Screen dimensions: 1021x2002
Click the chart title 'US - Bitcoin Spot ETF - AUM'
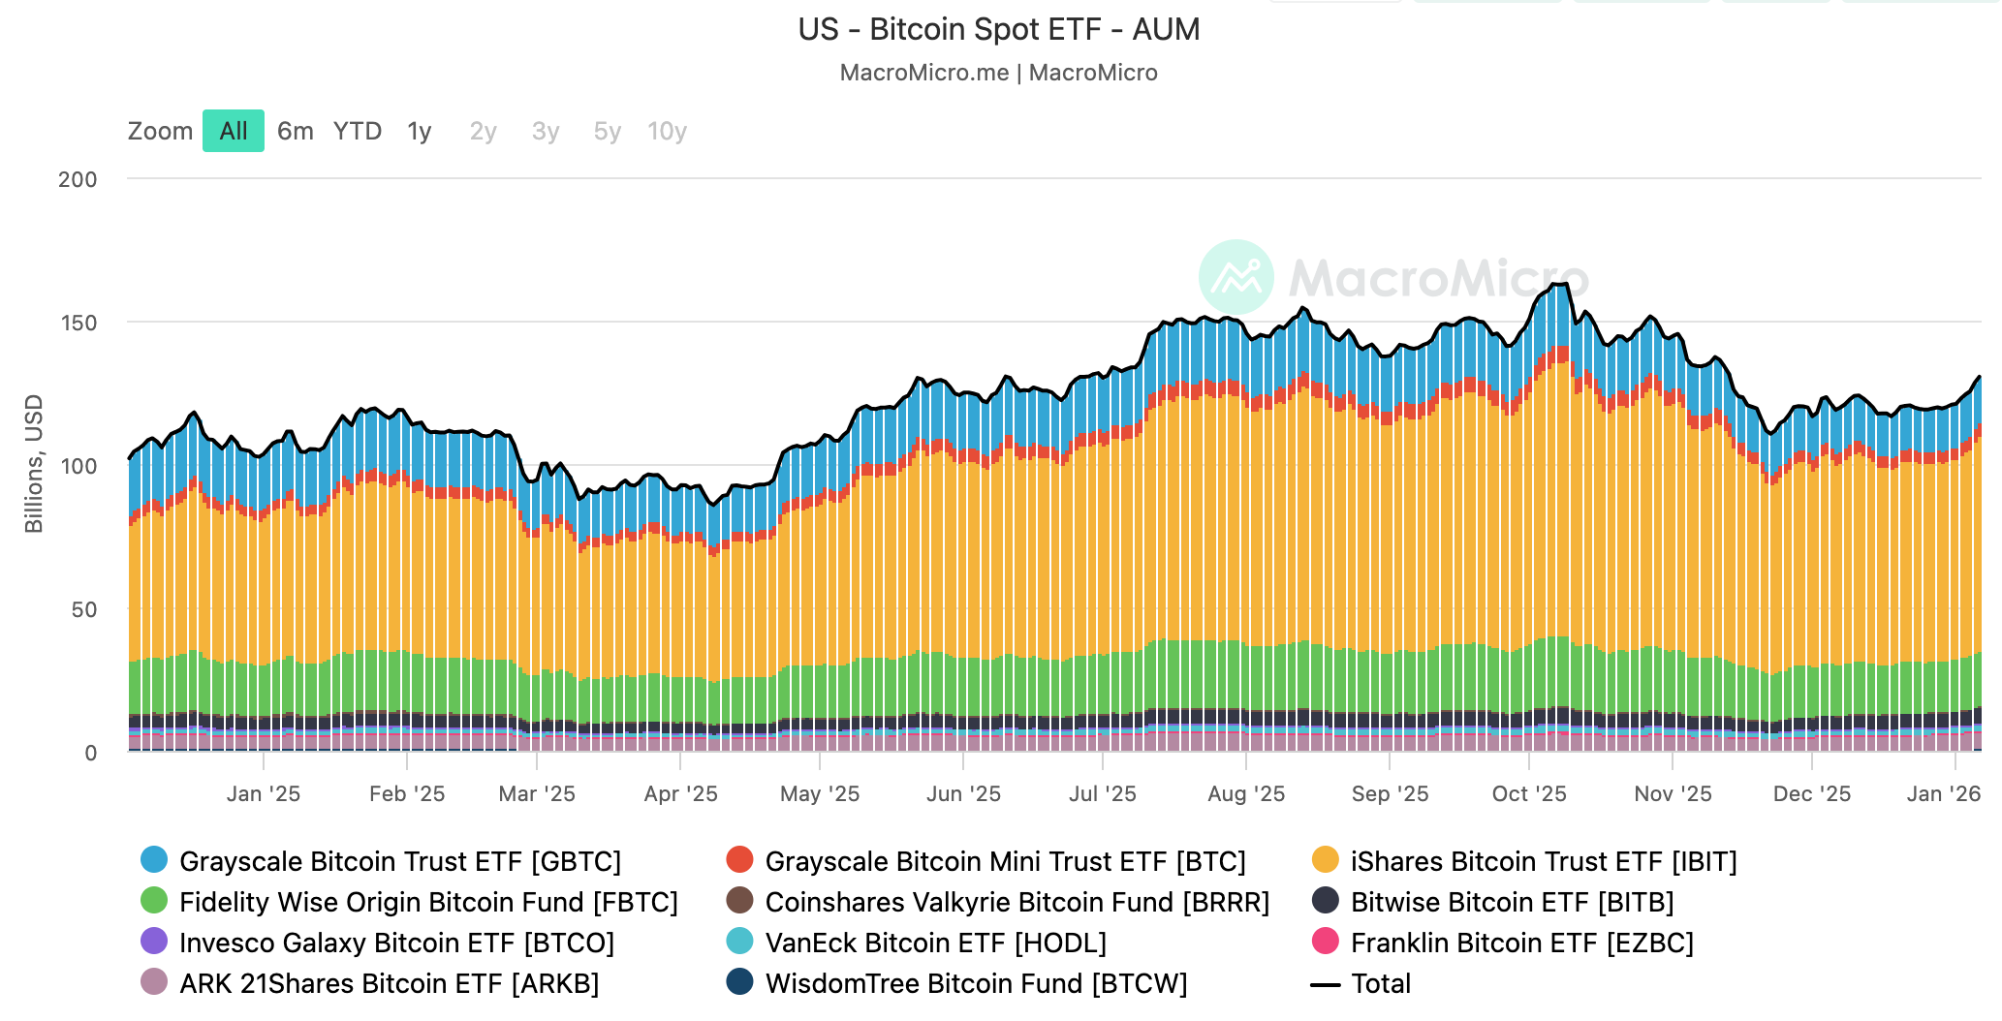(998, 30)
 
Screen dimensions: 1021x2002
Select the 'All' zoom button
(234, 131)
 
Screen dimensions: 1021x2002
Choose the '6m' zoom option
(295, 131)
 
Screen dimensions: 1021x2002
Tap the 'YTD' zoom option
(358, 131)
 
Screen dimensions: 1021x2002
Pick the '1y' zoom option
(419, 131)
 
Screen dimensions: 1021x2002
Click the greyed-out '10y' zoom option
(667, 131)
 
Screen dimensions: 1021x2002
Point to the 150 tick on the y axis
(78, 323)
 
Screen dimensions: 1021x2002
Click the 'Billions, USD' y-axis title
(34, 463)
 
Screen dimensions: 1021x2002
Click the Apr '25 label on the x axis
(680, 793)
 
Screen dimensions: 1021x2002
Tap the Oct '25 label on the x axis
(1528, 793)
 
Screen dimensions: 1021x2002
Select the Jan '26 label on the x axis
(1943, 793)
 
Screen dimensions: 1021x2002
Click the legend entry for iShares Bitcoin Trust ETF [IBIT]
(1543, 861)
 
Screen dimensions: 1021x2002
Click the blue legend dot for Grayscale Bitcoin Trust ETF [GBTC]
(154, 859)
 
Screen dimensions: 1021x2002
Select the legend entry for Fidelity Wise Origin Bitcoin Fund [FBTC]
(427, 902)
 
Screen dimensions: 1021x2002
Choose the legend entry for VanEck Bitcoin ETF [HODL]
(935, 943)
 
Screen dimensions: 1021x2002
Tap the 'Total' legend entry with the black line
(1380, 983)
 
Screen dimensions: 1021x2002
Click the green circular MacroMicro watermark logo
(1236, 277)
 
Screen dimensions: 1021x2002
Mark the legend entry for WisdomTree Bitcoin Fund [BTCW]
(975, 983)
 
